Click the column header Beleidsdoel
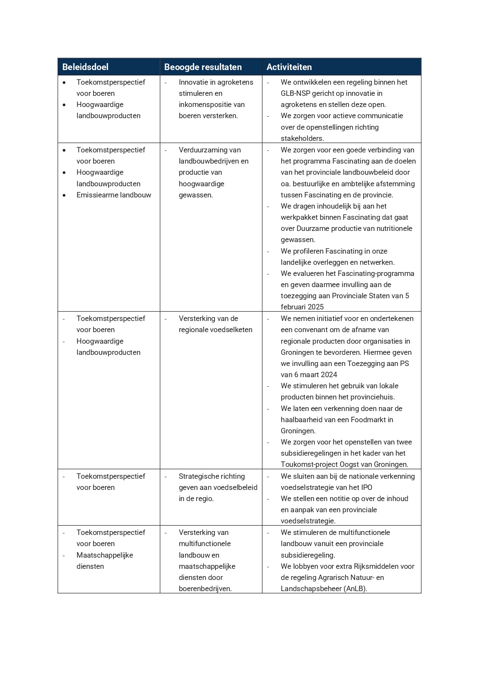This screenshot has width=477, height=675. (85, 67)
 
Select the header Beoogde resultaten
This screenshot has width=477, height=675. (203, 67)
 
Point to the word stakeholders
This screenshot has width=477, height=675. (302, 139)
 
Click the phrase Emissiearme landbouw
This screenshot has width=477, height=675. (113, 195)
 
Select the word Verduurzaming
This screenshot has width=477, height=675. (204, 150)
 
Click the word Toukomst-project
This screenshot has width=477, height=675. (306, 464)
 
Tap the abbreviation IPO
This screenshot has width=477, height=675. (366, 488)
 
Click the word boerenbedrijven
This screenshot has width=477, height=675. (205, 589)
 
